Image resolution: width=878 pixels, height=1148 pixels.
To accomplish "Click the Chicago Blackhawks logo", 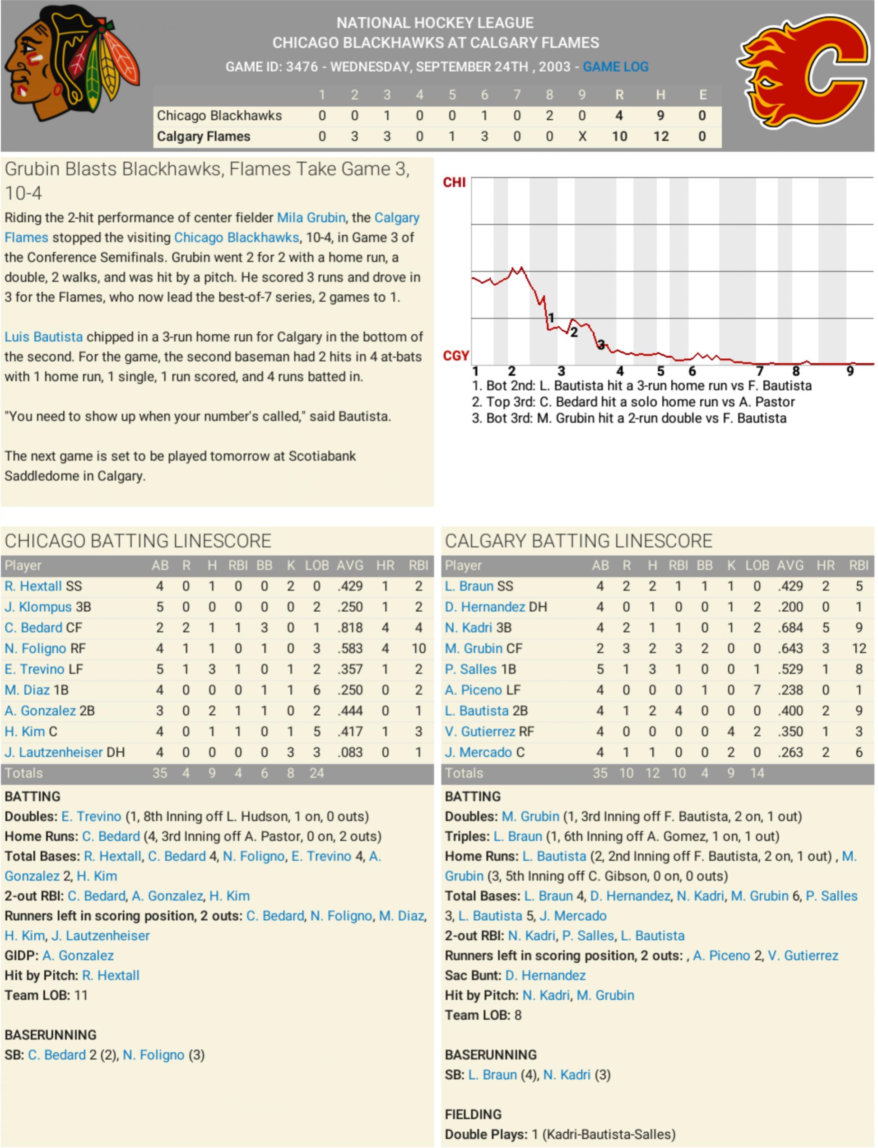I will pyautogui.click(x=72, y=63).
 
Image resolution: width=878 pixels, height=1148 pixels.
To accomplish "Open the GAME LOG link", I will pyautogui.click(x=615, y=67).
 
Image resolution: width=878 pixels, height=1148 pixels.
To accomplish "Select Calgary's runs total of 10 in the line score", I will pyautogui.click(x=619, y=136).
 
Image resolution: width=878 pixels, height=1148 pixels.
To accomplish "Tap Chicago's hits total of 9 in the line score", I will pyautogui.click(x=660, y=116).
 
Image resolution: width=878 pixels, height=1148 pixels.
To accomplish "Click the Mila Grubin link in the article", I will pyautogui.click(x=311, y=218).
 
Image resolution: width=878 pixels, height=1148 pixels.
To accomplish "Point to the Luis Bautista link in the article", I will pyautogui.click(x=43, y=337).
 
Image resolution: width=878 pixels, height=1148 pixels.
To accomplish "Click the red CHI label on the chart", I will pyautogui.click(x=454, y=182).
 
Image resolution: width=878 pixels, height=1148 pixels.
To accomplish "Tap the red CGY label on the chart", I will pyautogui.click(x=455, y=356).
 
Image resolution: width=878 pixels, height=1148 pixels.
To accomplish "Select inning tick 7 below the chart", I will pyautogui.click(x=760, y=371).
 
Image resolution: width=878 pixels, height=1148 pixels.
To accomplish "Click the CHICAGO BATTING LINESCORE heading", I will pyautogui.click(x=138, y=540).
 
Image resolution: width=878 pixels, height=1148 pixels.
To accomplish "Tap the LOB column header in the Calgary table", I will pyautogui.click(x=757, y=565).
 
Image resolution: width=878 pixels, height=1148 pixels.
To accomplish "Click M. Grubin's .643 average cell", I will pyautogui.click(x=790, y=648).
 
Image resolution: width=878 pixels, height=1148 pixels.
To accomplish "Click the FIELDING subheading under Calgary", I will pyautogui.click(x=473, y=1115).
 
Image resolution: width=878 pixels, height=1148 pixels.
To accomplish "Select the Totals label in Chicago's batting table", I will pyautogui.click(x=23, y=773).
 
